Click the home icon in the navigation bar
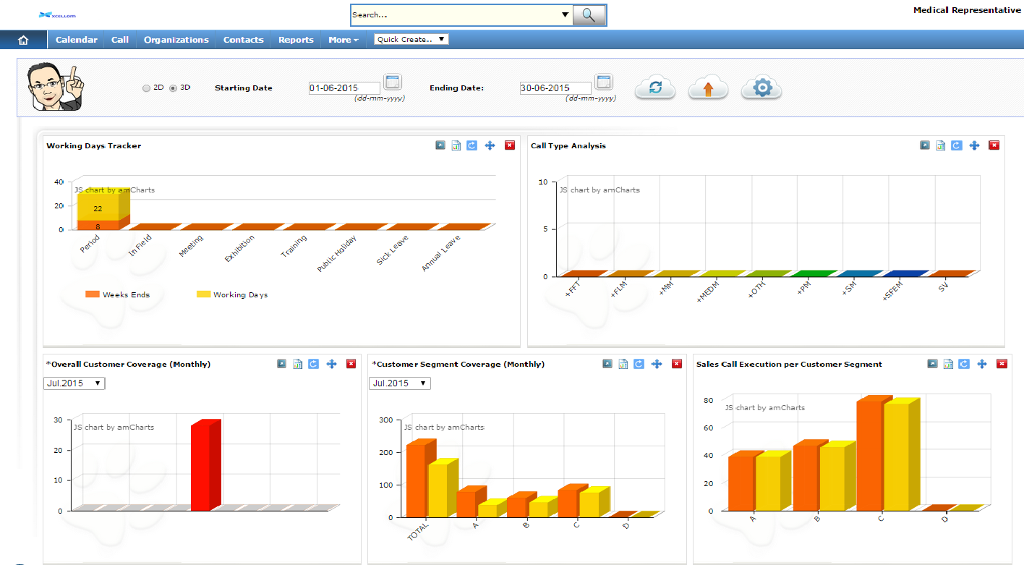[22, 40]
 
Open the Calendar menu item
[76, 40]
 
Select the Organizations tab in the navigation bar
[176, 40]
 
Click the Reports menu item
[296, 40]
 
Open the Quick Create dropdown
[411, 39]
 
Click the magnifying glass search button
[589, 15]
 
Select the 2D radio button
[147, 88]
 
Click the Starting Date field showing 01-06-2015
[344, 88]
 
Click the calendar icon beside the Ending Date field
[604, 82]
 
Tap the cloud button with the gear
[762, 88]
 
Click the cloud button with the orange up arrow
[708, 88]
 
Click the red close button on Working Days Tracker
[510, 145]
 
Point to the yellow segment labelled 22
[98, 208]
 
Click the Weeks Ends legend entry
[118, 294]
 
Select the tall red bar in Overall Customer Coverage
[201, 467]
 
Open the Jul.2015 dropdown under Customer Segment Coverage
[400, 383]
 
